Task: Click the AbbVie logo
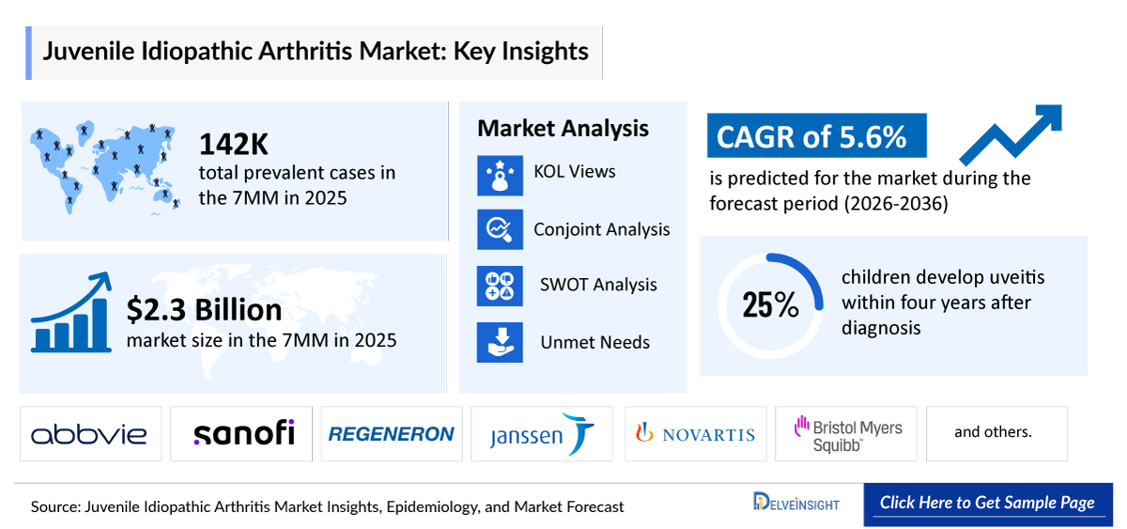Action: (90, 433)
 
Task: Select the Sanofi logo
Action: (243, 433)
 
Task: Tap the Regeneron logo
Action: (391, 433)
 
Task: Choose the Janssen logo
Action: (542, 434)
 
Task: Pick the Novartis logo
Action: (695, 434)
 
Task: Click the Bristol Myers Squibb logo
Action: (846, 434)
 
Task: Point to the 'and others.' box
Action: (994, 433)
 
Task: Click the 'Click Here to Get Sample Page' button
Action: (987, 503)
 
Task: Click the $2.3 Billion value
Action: (204, 309)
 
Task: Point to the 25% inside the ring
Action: (770, 304)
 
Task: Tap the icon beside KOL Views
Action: (500, 175)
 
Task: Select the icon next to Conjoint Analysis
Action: (500, 229)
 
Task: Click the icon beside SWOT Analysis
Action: (500, 286)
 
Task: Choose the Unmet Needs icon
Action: (500, 342)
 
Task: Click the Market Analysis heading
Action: (563, 129)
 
